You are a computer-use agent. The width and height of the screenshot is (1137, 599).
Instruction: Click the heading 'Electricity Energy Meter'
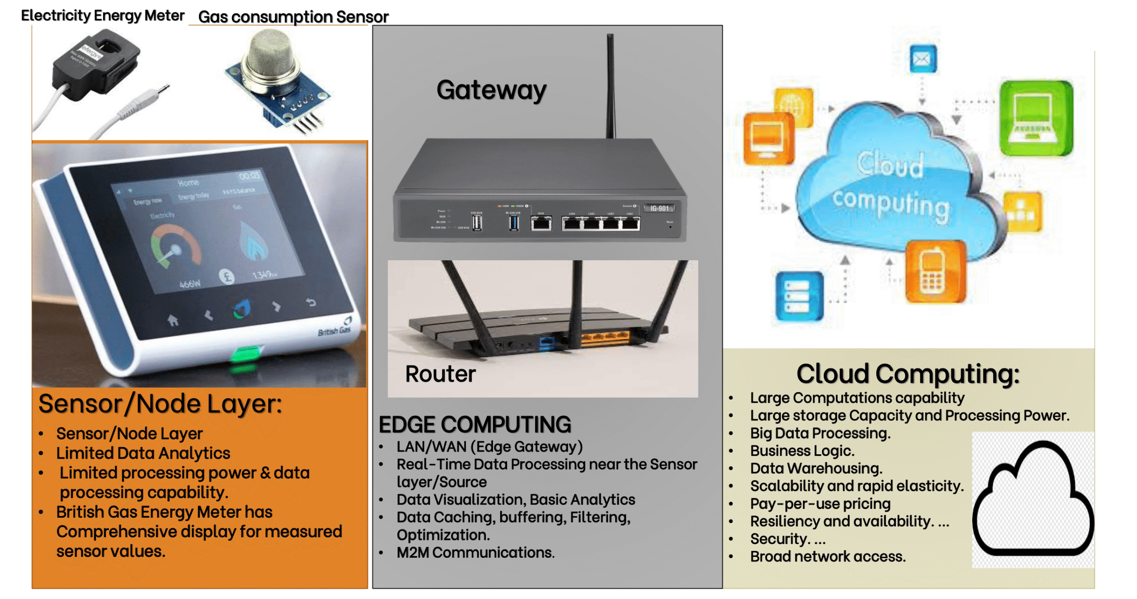(102, 16)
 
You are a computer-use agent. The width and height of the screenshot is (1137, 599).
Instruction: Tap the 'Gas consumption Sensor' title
(293, 17)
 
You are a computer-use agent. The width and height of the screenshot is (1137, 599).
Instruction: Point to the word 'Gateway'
(491, 90)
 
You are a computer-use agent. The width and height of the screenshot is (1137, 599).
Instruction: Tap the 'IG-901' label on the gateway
(659, 208)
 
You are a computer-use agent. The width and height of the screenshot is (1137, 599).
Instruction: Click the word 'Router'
(440, 374)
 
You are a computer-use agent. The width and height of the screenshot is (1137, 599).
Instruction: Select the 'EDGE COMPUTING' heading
(474, 424)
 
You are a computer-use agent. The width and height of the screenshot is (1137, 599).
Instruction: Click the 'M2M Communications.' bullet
(475, 552)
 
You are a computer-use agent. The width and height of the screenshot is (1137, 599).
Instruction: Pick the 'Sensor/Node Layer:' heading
(160, 404)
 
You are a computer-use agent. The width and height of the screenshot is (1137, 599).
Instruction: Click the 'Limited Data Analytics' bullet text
(143, 453)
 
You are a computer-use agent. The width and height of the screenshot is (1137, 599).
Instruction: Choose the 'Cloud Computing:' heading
(907, 374)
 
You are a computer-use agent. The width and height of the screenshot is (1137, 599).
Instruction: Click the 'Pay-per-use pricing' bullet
(820, 504)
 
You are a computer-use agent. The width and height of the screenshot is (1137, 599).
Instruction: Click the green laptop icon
(1035, 118)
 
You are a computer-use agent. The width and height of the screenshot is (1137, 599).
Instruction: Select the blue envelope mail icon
(922, 59)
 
